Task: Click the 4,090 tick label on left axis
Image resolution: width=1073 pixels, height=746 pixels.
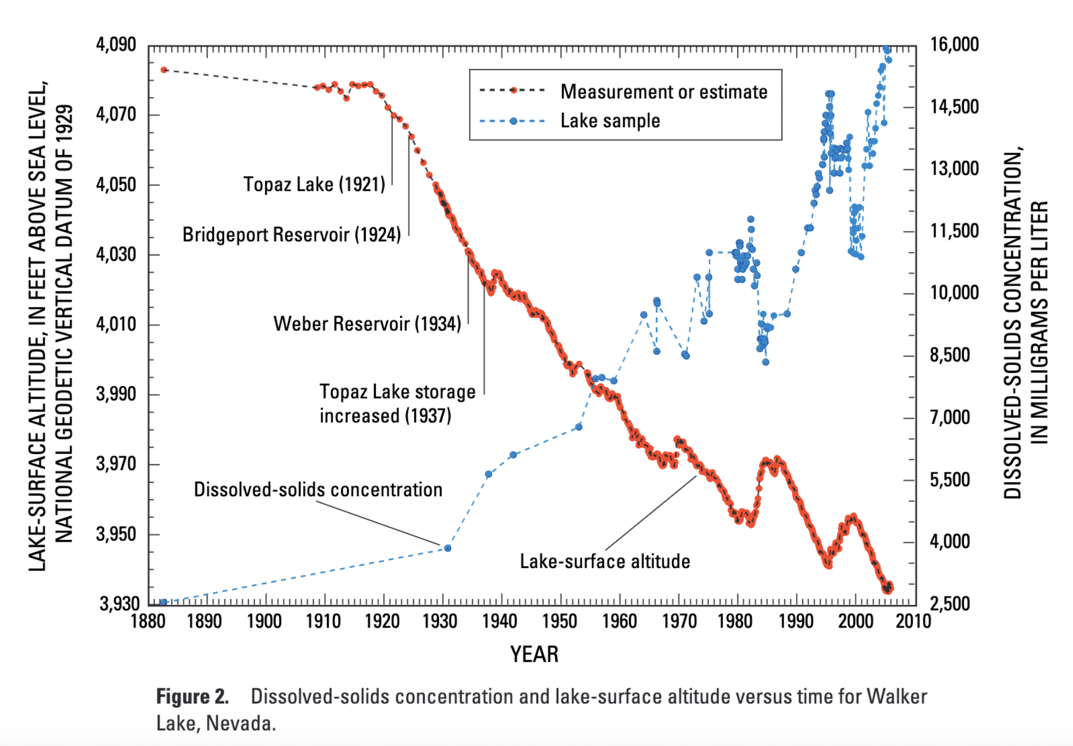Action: pos(116,44)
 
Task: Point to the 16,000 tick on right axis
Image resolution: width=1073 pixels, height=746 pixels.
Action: pos(954,44)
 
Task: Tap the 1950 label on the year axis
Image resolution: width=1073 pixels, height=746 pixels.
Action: pos(559,621)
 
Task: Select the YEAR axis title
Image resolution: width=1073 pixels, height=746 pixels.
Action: pos(534,655)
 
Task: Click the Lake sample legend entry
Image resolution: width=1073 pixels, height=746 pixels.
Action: pos(610,121)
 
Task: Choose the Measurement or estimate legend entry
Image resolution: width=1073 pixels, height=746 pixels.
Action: pos(663,91)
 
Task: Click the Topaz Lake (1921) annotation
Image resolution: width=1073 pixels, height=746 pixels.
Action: pos(314,184)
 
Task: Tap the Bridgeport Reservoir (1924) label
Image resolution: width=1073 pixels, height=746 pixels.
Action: pos(292,235)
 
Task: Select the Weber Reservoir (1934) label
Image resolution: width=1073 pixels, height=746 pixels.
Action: pos(367,324)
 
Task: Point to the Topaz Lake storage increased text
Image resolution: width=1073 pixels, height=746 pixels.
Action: pos(397,404)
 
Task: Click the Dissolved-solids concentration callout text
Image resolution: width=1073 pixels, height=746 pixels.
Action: pos(318,489)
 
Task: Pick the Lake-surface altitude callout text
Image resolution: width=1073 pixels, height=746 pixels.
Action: pos(604,561)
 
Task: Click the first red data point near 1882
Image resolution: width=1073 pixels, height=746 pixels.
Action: pos(164,70)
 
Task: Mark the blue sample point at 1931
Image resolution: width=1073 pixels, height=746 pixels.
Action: pos(448,548)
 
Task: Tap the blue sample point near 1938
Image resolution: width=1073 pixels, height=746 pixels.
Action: pos(488,474)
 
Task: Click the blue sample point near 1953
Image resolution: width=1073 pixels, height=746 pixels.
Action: pos(579,427)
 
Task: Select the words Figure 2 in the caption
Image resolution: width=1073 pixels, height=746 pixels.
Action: pos(192,697)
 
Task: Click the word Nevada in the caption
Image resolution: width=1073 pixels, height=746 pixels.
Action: pos(240,724)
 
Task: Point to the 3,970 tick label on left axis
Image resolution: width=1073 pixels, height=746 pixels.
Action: pos(116,464)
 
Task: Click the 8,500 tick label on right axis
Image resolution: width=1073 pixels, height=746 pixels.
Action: pos(950,355)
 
